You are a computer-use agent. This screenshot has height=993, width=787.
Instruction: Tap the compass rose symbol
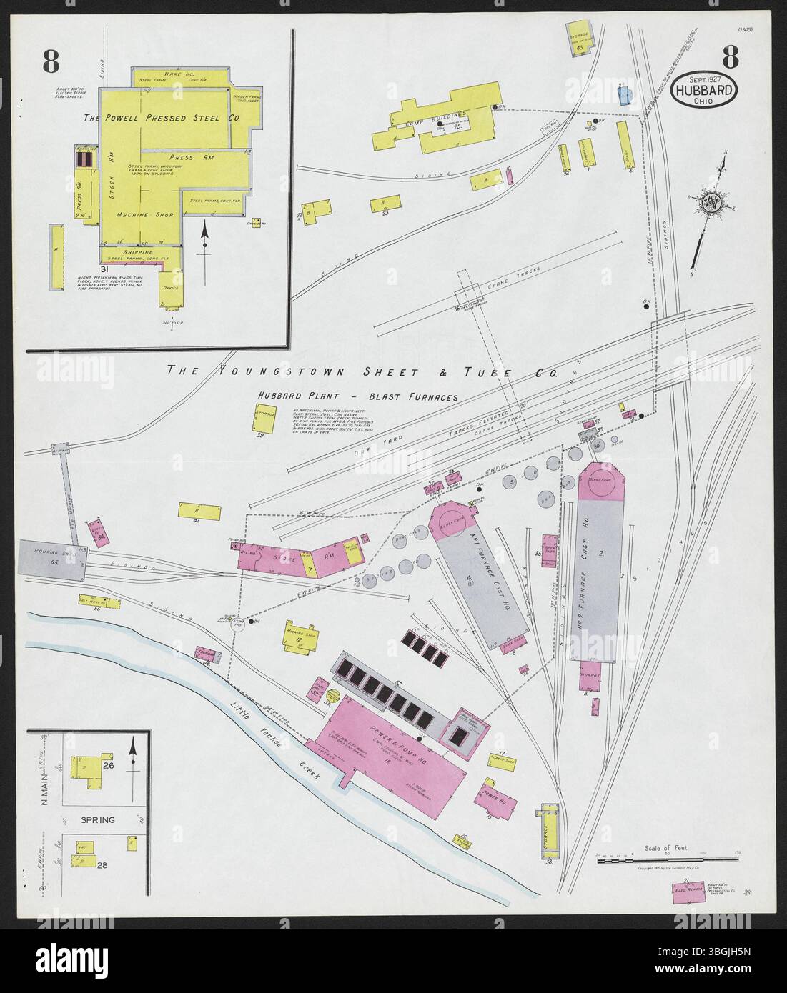pos(711,202)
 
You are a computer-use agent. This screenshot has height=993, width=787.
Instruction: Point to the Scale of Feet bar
pos(667,858)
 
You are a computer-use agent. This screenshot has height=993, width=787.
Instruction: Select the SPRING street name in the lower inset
pos(98,819)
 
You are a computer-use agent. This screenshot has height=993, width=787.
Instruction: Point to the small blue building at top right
pos(626,96)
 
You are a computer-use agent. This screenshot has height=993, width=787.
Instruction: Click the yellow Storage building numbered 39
pos(259,419)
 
